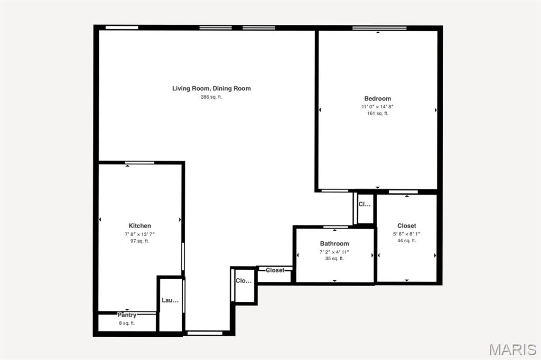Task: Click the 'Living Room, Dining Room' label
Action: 211,89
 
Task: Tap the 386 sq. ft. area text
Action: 211,97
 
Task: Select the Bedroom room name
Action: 378,99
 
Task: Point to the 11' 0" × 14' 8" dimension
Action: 378,107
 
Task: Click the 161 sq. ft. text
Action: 378,113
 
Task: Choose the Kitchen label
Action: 140,226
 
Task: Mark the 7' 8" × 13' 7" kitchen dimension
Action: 140,234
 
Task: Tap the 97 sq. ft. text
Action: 140,241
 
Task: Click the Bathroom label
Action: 334,244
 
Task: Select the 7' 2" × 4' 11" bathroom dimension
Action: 334,252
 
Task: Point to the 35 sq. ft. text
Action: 334,259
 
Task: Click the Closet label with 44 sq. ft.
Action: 407,226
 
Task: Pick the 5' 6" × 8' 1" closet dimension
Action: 407,234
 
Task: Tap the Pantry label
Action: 127,315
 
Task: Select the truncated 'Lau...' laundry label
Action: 170,300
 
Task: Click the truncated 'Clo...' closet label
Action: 244,281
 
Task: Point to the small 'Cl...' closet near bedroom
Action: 365,204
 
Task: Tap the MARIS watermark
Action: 512,349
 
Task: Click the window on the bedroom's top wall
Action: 379,28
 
